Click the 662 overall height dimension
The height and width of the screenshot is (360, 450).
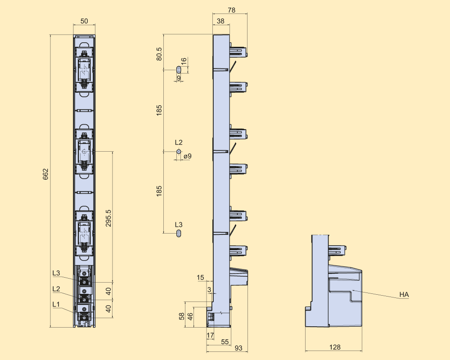tap(45, 174)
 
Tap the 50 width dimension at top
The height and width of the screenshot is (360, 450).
tap(84, 21)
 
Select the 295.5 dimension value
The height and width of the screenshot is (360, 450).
tap(108, 218)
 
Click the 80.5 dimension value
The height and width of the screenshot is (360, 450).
tap(159, 54)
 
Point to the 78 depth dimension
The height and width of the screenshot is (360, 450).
tap(232, 10)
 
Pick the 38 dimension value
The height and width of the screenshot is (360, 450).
tap(220, 21)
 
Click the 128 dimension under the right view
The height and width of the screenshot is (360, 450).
tap(335, 347)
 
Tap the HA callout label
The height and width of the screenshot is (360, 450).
tap(404, 295)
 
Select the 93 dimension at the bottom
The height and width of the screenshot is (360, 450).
tap(238, 348)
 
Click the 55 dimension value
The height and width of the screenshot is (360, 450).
tap(225, 342)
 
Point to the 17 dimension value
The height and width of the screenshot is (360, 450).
tap(210, 335)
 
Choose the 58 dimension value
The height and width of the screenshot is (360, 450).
tap(182, 316)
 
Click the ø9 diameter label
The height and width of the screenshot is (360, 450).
tap(188, 156)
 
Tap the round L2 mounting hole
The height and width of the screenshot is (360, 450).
tap(179, 151)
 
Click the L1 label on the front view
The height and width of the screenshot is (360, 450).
tap(56, 304)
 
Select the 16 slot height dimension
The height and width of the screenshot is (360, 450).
tap(184, 61)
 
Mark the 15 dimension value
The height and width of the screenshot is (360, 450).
tap(201, 277)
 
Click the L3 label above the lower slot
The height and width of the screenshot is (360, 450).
tap(179, 225)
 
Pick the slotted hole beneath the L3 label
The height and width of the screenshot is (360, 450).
tap(179, 233)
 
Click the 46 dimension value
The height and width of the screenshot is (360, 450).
tap(190, 316)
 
